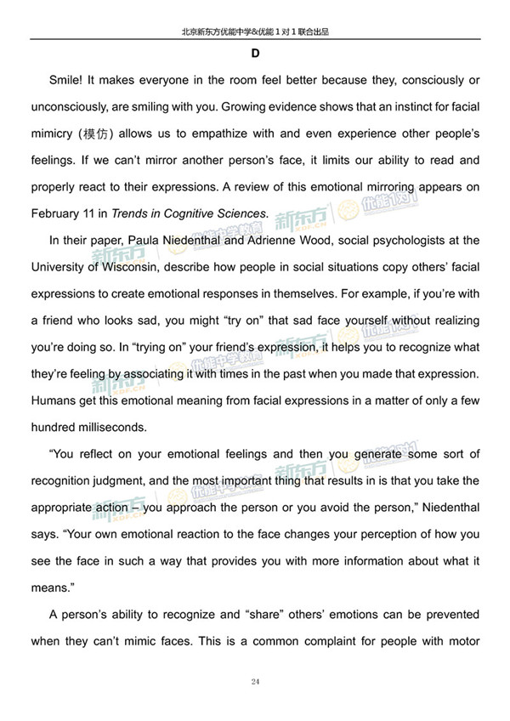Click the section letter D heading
click(x=255, y=54)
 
